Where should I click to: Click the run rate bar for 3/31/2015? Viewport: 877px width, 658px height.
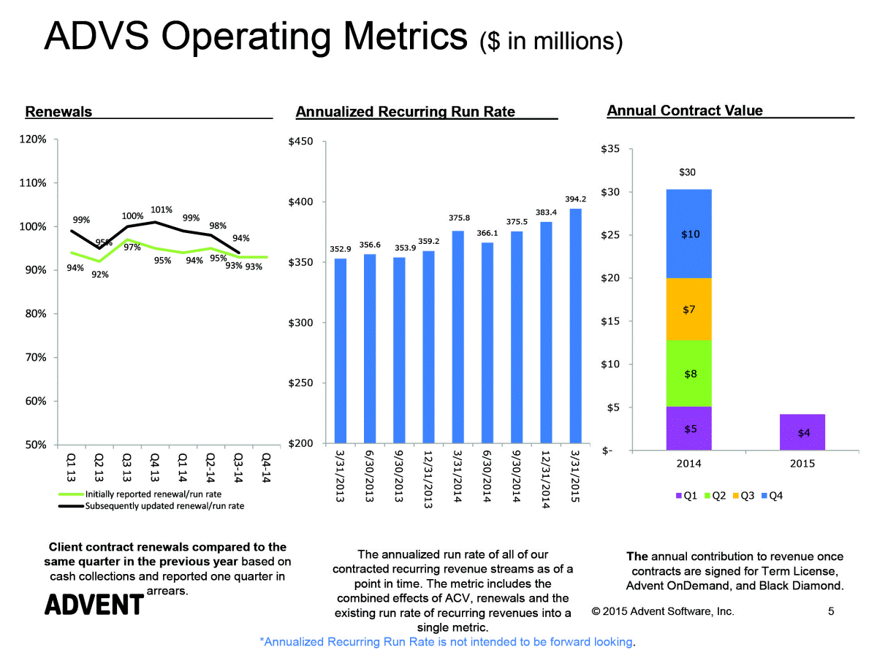click(x=575, y=326)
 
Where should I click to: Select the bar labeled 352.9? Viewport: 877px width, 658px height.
click(x=341, y=351)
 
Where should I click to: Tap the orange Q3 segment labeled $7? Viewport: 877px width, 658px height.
click(x=688, y=309)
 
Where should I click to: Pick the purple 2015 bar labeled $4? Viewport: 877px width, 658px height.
click(x=803, y=432)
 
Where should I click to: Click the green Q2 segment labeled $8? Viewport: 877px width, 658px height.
click(x=688, y=373)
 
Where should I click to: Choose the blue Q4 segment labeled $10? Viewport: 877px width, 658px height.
click(x=688, y=234)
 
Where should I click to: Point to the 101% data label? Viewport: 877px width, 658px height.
click(x=161, y=210)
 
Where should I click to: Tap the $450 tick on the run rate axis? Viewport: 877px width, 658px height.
click(x=302, y=142)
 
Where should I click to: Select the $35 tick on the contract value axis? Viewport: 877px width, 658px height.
click(x=611, y=150)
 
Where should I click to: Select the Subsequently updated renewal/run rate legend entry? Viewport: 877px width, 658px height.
click(x=164, y=505)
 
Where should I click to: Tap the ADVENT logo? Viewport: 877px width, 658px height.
click(x=94, y=604)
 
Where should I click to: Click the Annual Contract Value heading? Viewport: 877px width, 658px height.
click(x=685, y=111)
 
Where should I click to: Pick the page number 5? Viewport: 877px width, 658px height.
click(x=831, y=611)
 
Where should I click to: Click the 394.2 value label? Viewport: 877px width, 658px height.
click(x=576, y=199)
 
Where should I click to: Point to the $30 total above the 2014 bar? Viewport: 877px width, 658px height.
click(x=688, y=172)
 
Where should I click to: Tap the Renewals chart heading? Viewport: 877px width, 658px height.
click(x=58, y=112)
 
